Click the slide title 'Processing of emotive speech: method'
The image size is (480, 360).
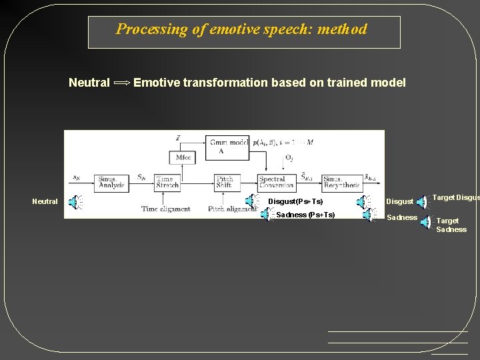241,29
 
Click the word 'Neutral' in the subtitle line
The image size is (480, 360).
89,83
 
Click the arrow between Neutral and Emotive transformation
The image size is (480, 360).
122,83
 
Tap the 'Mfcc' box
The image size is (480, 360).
183,157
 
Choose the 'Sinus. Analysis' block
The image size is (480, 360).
111,183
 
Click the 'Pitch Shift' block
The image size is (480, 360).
225,183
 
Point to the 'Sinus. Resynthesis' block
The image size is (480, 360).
342,183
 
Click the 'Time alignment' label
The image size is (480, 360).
165,209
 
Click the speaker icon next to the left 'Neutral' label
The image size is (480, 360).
77,202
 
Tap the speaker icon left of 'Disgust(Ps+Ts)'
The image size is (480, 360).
251,201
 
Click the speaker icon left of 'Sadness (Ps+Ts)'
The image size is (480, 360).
266,215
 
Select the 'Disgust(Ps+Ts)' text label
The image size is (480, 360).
295,201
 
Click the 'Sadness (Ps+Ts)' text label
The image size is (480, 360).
305,215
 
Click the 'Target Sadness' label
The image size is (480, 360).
451,225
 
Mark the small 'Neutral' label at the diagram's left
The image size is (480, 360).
45,201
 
